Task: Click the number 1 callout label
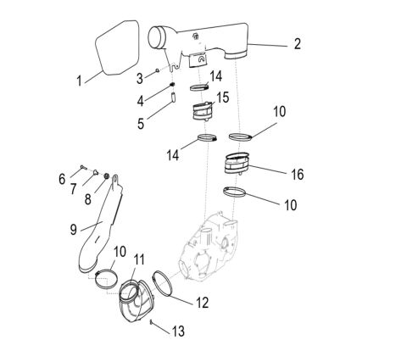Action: point(79,82)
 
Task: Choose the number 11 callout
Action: point(140,259)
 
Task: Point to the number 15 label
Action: point(224,98)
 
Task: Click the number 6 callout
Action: point(62,179)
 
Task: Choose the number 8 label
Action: point(88,201)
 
